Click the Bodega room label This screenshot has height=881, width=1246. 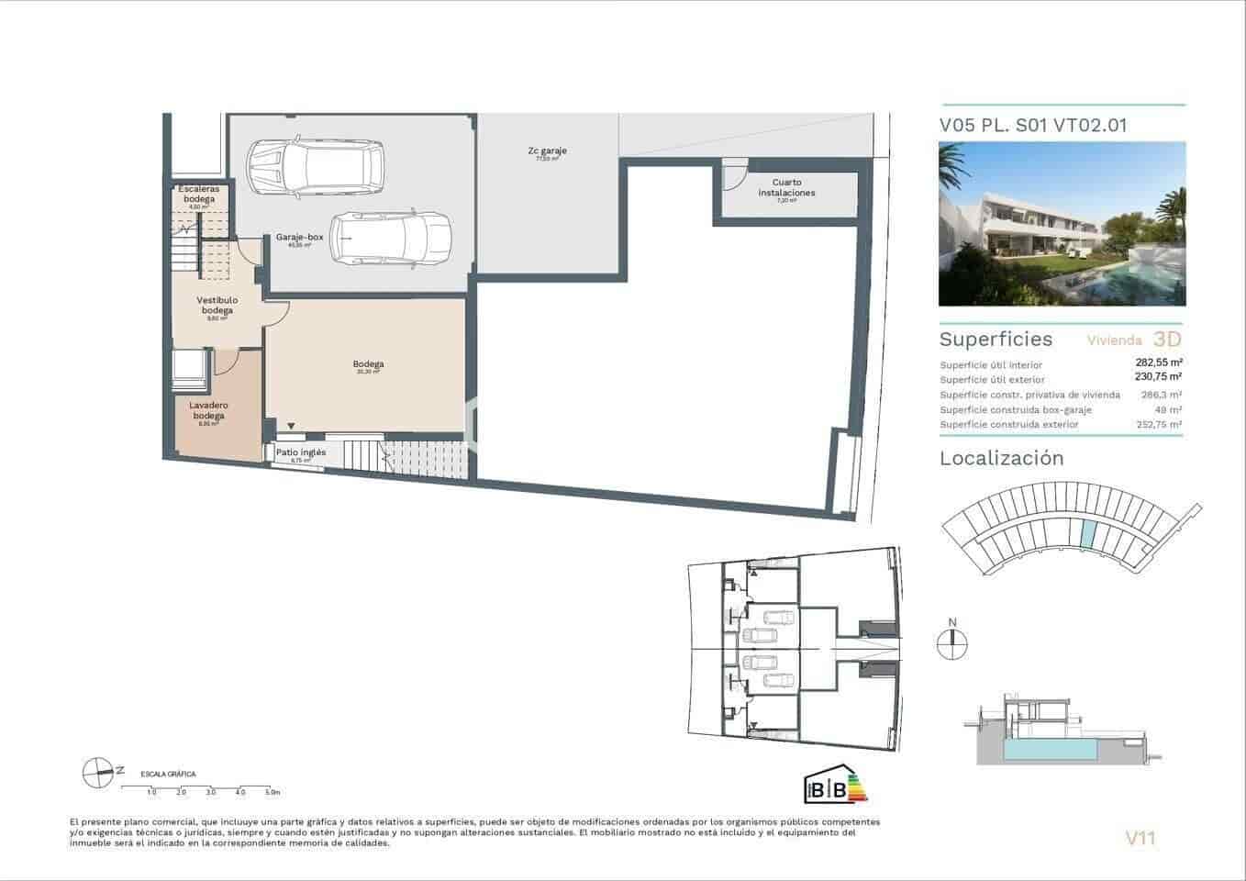368,364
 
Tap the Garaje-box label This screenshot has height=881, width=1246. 299,238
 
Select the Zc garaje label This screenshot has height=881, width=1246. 547,151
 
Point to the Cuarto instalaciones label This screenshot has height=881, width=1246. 786,188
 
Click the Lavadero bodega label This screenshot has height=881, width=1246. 208,410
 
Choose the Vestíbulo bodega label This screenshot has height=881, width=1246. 217,305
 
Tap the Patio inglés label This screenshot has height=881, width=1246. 301,452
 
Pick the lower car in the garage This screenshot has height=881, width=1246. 392,239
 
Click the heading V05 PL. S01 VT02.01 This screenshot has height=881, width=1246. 1033,125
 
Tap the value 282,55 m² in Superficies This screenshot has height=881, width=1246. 1159,362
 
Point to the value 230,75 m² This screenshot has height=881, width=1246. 1159,376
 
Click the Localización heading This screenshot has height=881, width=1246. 1001,459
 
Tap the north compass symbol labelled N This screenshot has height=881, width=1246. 952,643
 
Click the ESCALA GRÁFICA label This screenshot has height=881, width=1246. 168,775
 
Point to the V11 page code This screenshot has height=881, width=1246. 1140,837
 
